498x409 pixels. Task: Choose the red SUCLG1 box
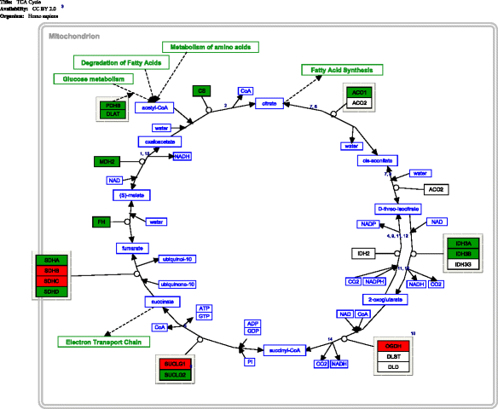pos(177,365)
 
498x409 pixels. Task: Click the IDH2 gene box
pos(362,253)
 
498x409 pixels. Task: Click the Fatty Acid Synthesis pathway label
pos(342,69)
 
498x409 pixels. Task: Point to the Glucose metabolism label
pos(94,78)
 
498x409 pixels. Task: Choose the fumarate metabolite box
pos(134,248)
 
